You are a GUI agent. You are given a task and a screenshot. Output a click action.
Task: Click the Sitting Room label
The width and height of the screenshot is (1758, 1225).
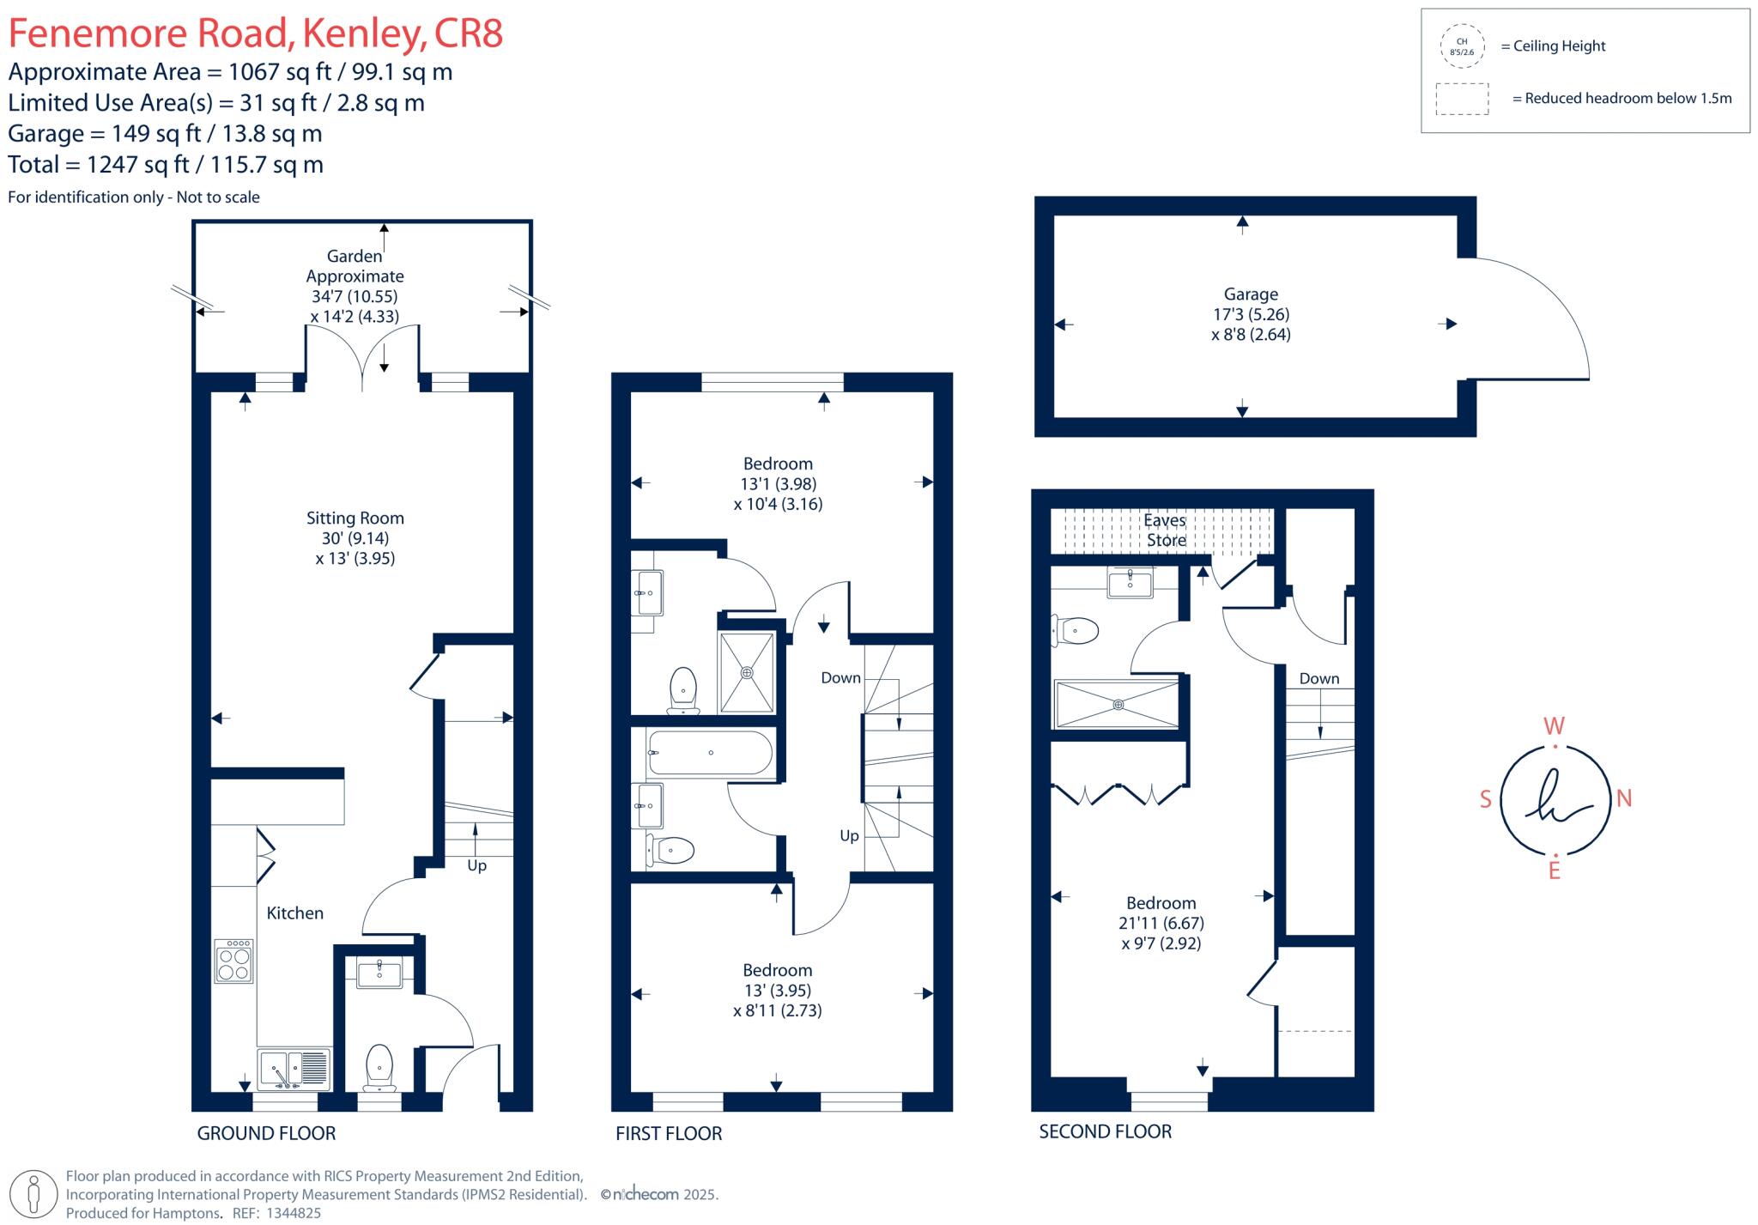pyautogui.click(x=355, y=518)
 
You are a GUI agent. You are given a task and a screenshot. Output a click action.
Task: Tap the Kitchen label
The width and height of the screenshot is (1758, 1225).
pyautogui.click(x=294, y=913)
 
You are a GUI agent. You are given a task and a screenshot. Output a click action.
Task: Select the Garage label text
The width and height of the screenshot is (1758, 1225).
pyautogui.click(x=1251, y=294)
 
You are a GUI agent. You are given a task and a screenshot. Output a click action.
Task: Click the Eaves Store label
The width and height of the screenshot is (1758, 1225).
pyautogui.click(x=1165, y=530)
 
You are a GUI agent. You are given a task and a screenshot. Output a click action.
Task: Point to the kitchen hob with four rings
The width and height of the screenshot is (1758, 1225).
pyautogui.click(x=233, y=961)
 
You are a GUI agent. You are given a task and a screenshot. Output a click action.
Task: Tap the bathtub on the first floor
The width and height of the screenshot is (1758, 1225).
pyautogui.click(x=710, y=753)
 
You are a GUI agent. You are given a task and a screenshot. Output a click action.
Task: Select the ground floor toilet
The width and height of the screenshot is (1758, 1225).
pyautogui.click(x=379, y=1067)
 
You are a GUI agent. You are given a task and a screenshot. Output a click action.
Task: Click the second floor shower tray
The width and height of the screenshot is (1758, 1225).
pyautogui.click(x=1117, y=705)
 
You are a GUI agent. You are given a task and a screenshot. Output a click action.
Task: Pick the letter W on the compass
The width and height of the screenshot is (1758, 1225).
pyautogui.click(x=1554, y=726)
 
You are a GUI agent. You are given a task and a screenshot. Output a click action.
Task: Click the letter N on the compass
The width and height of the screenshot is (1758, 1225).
pyautogui.click(x=1624, y=798)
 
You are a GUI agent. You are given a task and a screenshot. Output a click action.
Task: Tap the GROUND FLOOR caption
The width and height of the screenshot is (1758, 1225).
pyautogui.click(x=266, y=1133)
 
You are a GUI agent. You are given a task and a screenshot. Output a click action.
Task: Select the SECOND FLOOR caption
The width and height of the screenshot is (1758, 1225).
pyautogui.click(x=1105, y=1131)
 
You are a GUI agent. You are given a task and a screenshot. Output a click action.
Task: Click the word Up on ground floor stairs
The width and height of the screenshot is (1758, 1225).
pyautogui.click(x=476, y=865)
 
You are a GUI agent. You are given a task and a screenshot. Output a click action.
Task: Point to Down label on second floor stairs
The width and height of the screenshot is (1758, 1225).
pyautogui.click(x=1318, y=678)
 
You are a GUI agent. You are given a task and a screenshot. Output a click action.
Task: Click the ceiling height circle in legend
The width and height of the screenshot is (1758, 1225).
pyautogui.click(x=1462, y=46)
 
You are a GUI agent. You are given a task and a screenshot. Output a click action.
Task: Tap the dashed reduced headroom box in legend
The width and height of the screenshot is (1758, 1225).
pyautogui.click(x=1462, y=99)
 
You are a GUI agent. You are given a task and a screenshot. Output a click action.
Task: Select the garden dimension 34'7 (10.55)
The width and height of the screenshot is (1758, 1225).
pyautogui.click(x=354, y=296)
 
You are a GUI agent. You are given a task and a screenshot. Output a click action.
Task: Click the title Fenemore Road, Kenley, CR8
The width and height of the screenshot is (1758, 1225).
pyautogui.click(x=255, y=33)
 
